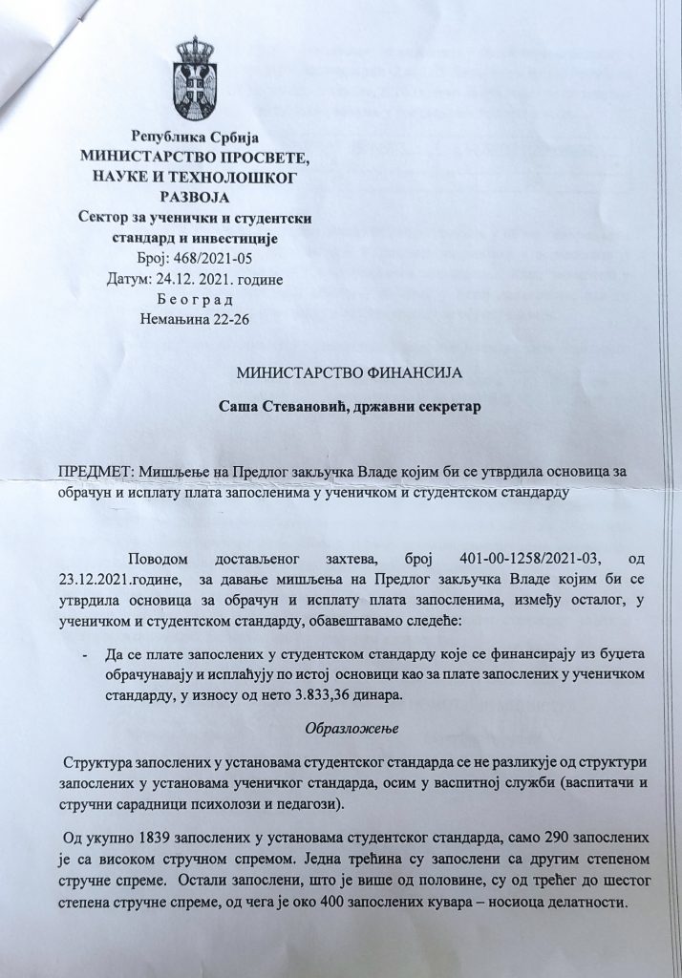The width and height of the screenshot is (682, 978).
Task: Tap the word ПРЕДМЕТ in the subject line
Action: tap(95, 472)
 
